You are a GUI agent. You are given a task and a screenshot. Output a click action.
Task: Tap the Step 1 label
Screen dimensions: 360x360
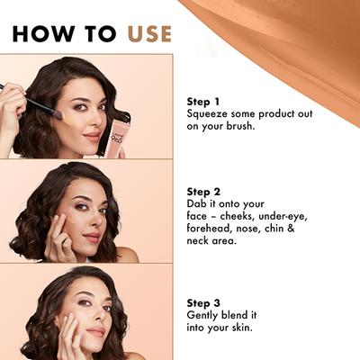point(202,102)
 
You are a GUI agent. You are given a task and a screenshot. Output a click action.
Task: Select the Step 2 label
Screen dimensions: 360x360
point(202,192)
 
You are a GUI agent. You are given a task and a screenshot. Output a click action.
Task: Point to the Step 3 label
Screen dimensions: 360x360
point(202,301)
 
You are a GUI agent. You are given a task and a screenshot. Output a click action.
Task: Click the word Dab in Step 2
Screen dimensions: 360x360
point(197,204)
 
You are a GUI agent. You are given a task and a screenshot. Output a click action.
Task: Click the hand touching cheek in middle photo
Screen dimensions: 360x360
point(61,236)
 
